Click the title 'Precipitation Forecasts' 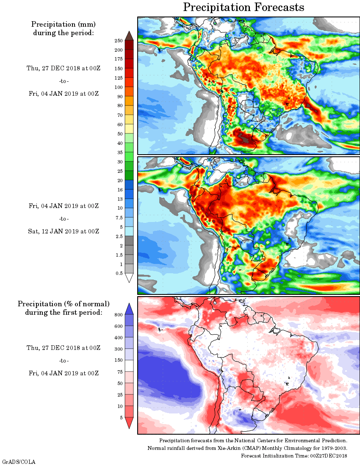pyautogui.click(x=244, y=7)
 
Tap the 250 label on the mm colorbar pyautogui.click(x=119, y=41)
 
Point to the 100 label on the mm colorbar pyautogui.click(x=119, y=87)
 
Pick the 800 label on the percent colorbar pyautogui.click(x=119, y=315)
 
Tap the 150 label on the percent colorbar pyautogui.click(x=119, y=361)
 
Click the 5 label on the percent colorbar pyautogui.click(x=121, y=418)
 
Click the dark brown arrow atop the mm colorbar pyautogui.click(x=130, y=36)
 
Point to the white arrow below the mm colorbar pyautogui.click(x=130, y=278)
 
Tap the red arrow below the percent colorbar pyautogui.click(x=130, y=423)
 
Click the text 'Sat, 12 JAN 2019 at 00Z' pyautogui.click(x=64, y=231)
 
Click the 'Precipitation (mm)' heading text pyautogui.click(x=64, y=24)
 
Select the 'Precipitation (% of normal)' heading pyautogui.click(x=64, y=304)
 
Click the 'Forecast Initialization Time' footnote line pyautogui.click(x=294, y=455)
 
